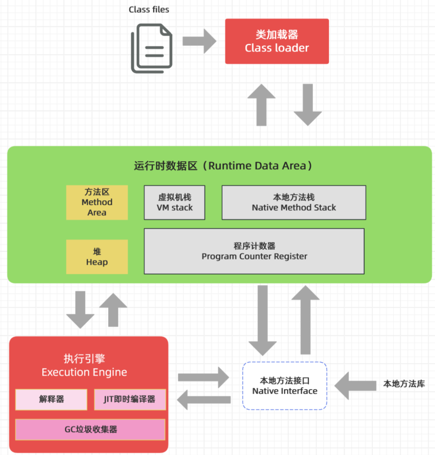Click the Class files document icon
pos(152,48)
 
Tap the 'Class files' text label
pos(149,10)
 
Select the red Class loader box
pos(277,41)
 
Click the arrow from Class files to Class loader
pos(199,41)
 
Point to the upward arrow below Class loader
pos(262,105)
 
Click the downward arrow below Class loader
pos(308,105)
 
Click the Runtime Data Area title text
pos(223,166)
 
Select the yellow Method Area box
pos(97,202)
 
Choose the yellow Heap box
pos(97,257)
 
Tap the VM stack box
pos(175,202)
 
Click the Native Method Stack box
pos(294,202)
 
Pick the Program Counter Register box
pos(254,251)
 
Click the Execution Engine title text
pos(85,366)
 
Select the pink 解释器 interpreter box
pos(51,399)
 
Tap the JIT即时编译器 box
pos(130,399)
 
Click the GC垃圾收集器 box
pos(90,429)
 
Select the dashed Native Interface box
pos(285,386)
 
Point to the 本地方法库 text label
pos(404,384)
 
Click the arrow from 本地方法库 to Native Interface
pos(355,386)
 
